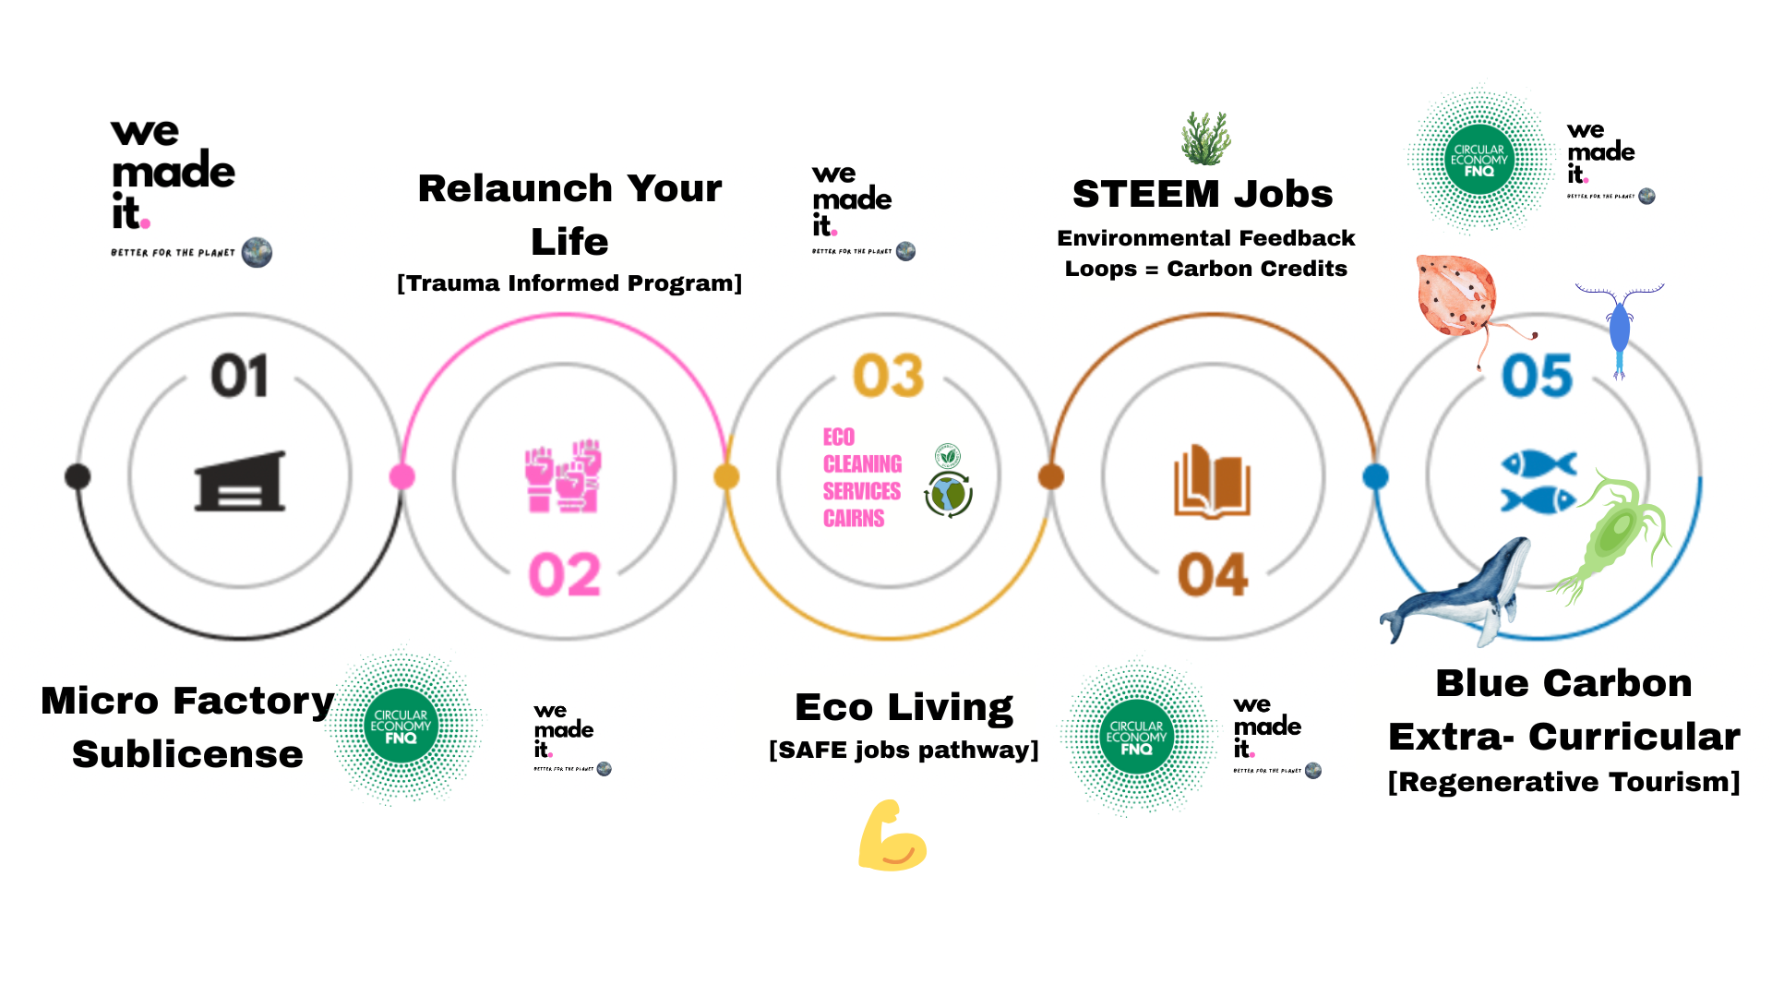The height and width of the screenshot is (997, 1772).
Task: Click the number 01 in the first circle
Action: pos(240,376)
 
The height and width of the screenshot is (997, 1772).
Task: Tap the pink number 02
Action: pos(565,574)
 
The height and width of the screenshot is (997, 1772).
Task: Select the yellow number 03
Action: pos(888,376)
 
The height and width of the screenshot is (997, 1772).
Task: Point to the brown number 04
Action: pos(1213,574)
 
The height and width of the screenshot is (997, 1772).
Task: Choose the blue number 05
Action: pos(1537,376)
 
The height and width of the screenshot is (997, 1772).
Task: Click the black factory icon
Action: pos(240,481)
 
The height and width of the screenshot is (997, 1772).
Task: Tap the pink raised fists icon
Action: pos(563,476)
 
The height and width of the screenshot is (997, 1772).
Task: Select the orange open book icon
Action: pos(1212,481)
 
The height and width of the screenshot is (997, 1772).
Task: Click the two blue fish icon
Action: pos(1539,481)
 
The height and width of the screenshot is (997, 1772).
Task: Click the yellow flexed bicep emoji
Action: pos(891,836)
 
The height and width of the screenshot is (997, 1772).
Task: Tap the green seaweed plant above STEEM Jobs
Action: pos(1206,138)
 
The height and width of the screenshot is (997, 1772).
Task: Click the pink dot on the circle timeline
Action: pos(401,476)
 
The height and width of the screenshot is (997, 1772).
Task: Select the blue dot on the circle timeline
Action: pos(1375,476)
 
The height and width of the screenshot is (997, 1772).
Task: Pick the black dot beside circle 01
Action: pos(78,476)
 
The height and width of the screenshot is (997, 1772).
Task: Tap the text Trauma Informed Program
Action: pos(569,283)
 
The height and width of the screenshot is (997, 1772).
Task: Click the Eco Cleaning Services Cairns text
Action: pos(862,477)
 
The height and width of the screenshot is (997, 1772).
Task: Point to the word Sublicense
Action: pos(187,754)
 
